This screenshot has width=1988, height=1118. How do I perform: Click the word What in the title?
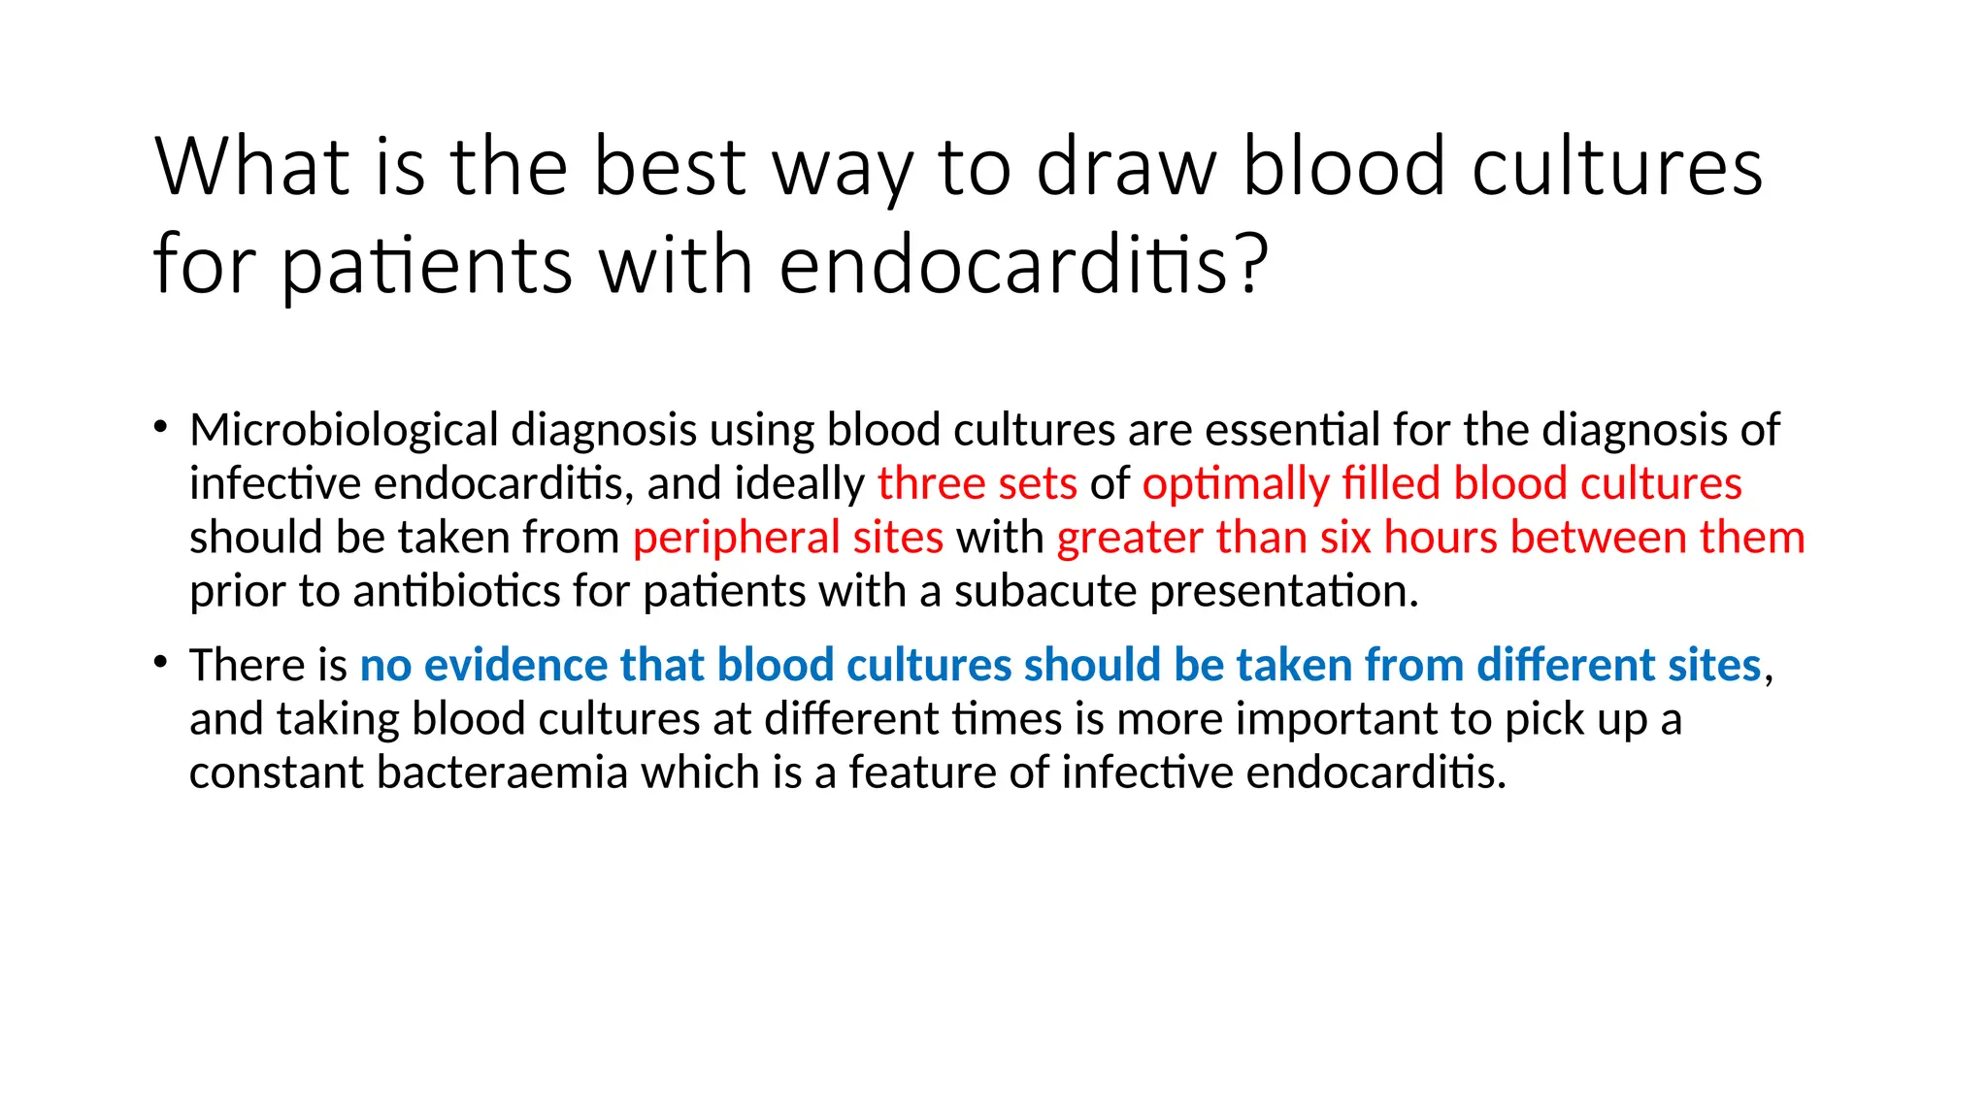pyautogui.click(x=251, y=167)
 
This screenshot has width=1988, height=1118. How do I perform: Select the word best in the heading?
pyautogui.click(x=670, y=167)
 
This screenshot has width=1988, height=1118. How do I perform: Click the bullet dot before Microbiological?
pyautogui.click(x=161, y=427)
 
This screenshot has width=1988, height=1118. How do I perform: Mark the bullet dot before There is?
pyautogui.click(x=161, y=663)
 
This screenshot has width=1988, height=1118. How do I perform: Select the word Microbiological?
pyautogui.click(x=344, y=430)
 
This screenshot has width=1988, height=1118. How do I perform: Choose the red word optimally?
pyautogui.click(x=1235, y=483)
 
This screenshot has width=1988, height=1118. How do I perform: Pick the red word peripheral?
pyautogui.click(x=736, y=538)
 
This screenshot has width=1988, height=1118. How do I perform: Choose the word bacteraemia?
pyautogui.click(x=502, y=773)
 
